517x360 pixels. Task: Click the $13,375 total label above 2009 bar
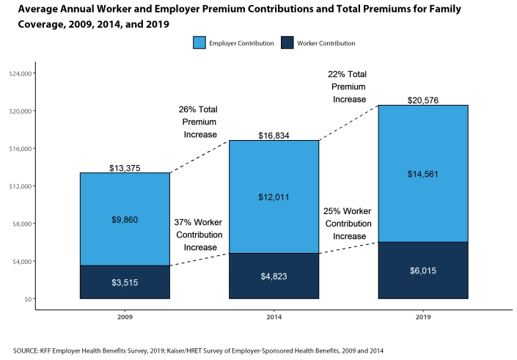tap(124, 168)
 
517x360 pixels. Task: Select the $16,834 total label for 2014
tap(274, 136)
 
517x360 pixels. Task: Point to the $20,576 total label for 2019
tap(422, 100)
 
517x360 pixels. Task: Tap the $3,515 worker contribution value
tap(124, 282)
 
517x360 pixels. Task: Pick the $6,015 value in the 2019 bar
tap(422, 271)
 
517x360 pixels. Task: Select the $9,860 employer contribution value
tap(124, 219)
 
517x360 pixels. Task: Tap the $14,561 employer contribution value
tap(422, 174)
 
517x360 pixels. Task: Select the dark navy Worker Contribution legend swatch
tap(287, 43)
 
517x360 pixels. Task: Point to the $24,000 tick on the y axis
tap(20, 73)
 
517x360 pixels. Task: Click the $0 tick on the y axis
tap(28, 298)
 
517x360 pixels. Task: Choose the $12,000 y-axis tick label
tap(20, 186)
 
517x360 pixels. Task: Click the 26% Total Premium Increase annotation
tap(198, 122)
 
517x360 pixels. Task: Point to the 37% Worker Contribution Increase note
tap(198, 235)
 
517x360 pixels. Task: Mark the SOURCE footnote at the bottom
tap(198, 350)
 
